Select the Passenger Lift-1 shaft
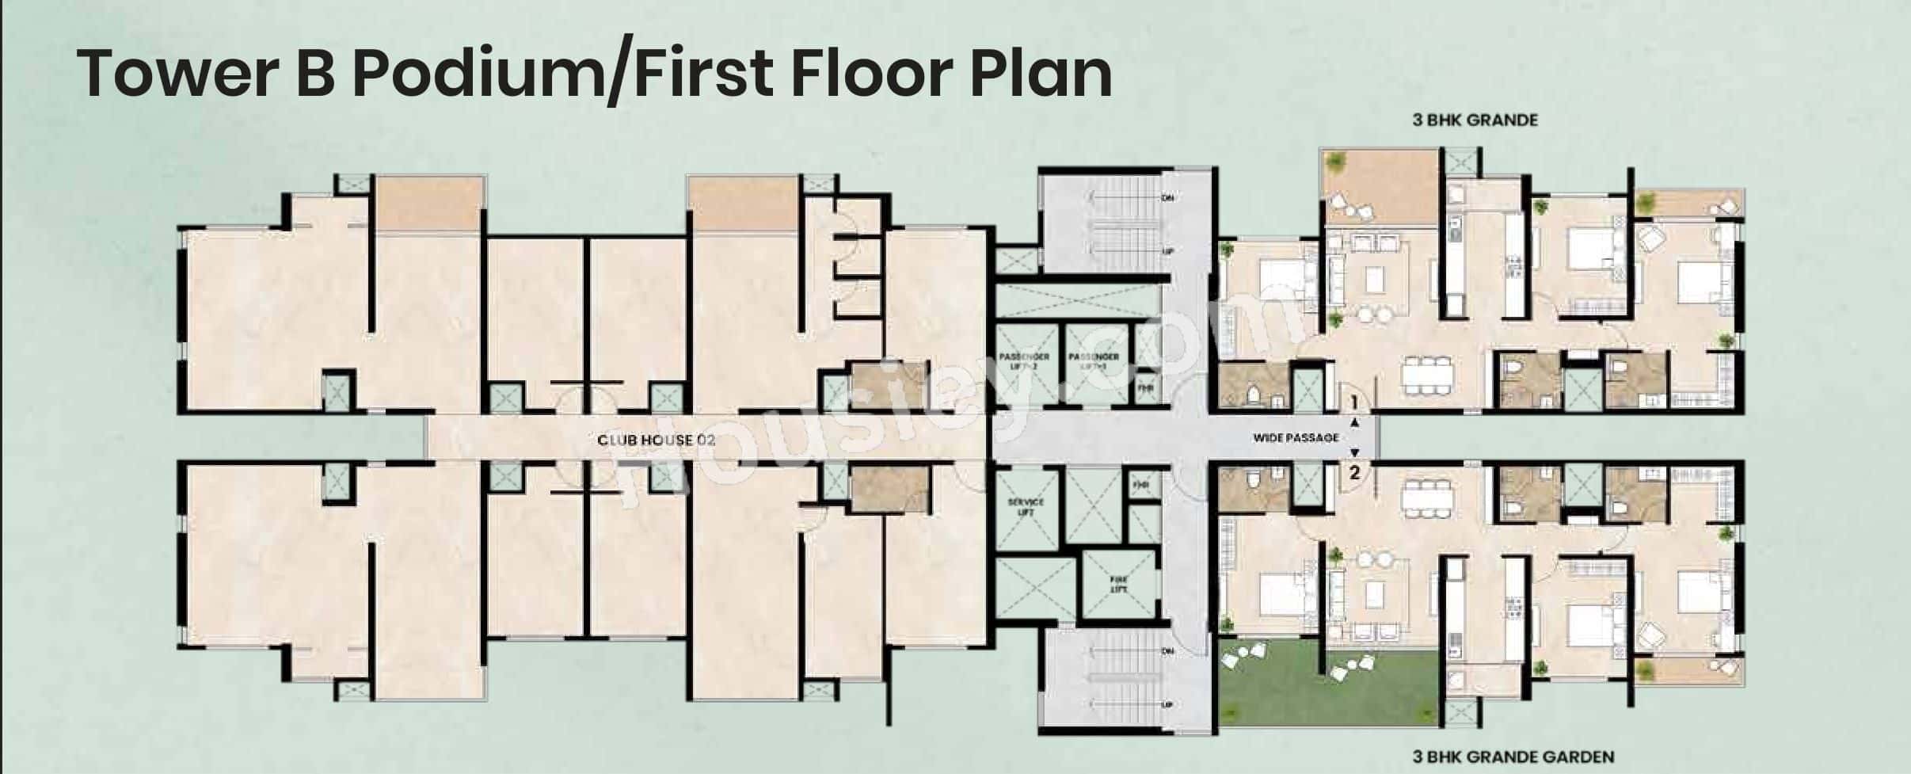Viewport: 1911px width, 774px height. click(x=1093, y=362)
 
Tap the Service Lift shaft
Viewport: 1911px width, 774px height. click(x=1026, y=507)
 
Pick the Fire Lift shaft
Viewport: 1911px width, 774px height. click(x=1118, y=585)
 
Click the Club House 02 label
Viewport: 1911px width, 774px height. click(x=656, y=440)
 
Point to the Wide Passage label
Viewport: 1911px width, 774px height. click(x=1296, y=437)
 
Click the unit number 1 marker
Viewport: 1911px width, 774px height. click(x=1355, y=403)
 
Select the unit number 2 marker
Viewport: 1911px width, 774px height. click(x=1355, y=474)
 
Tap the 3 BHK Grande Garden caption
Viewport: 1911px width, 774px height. click(x=1513, y=757)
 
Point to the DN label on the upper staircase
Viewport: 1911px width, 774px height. click(x=1167, y=198)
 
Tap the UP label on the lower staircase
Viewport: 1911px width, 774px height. click(x=1167, y=704)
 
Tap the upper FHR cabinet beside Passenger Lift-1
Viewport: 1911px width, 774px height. click(x=1145, y=388)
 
